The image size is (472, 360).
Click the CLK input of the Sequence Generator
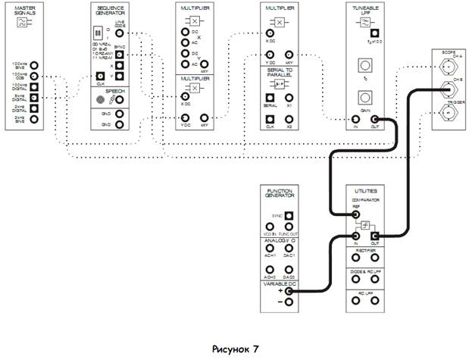tap(100, 76)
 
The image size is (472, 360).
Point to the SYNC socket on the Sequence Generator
tap(119, 55)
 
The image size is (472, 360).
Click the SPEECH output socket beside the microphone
tap(119, 99)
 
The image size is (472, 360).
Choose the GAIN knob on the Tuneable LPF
tap(364, 98)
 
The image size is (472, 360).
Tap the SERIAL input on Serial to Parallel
tap(268, 97)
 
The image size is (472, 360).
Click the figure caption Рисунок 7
tap(236, 349)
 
